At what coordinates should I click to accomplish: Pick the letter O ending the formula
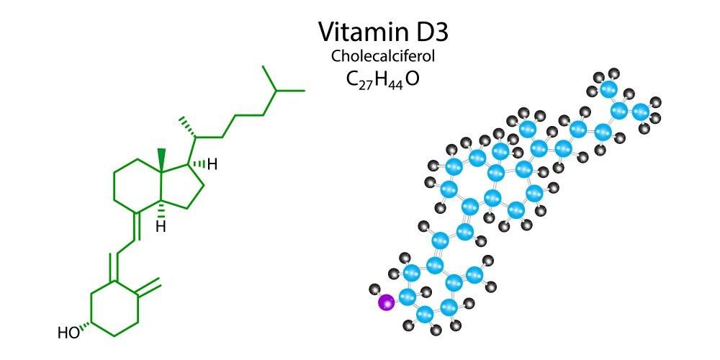pos(412,78)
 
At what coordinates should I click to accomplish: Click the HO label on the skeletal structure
pos(68,333)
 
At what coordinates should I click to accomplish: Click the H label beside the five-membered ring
pos(212,165)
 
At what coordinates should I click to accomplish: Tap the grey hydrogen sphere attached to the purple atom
pos(374,289)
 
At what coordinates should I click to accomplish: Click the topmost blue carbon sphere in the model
pos(609,90)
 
